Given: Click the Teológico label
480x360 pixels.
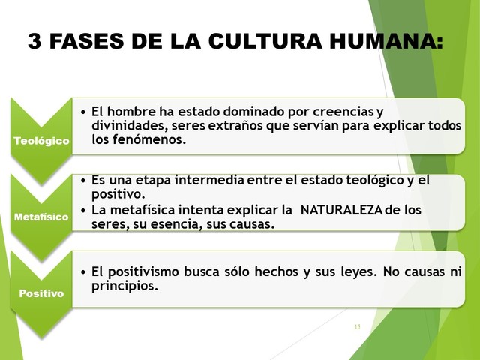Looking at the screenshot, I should (41, 140).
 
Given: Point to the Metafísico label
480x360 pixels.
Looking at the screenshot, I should (41, 217).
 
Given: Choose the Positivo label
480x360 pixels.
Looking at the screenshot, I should (41, 294).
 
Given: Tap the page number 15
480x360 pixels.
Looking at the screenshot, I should (356, 327).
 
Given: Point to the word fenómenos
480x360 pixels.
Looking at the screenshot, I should (150, 139).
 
